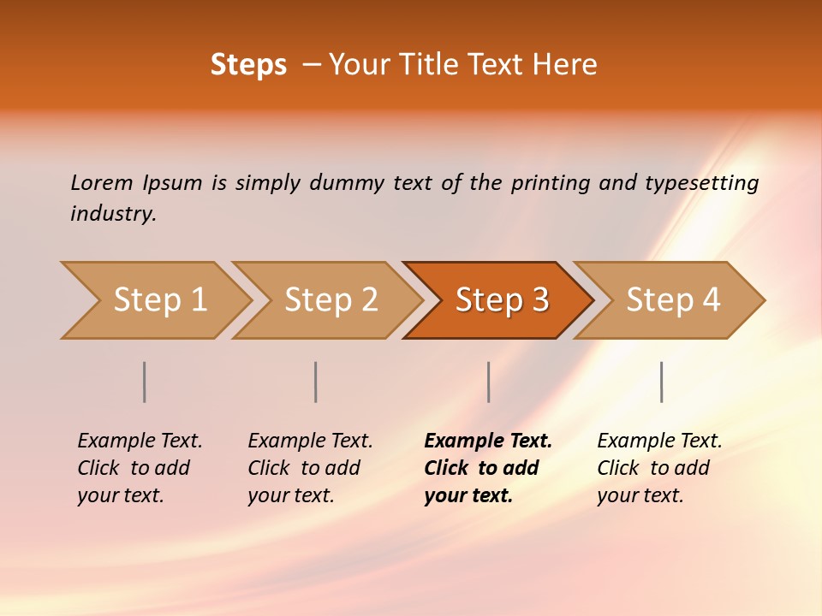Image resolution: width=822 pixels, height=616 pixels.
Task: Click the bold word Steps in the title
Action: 248,65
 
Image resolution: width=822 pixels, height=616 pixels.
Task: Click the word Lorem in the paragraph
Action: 102,182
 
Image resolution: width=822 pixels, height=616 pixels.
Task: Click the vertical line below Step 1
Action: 145,382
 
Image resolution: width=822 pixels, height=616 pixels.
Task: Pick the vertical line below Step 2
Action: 316,382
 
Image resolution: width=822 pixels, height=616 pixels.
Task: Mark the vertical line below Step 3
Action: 489,382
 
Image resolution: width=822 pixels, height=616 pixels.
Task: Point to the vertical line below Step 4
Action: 662,382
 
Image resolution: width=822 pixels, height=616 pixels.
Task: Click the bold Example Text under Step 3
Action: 488,441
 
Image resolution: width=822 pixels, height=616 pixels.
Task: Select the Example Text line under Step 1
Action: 140,441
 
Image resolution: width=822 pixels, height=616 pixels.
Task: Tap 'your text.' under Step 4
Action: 640,495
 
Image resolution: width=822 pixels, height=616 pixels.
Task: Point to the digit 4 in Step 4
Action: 711,300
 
